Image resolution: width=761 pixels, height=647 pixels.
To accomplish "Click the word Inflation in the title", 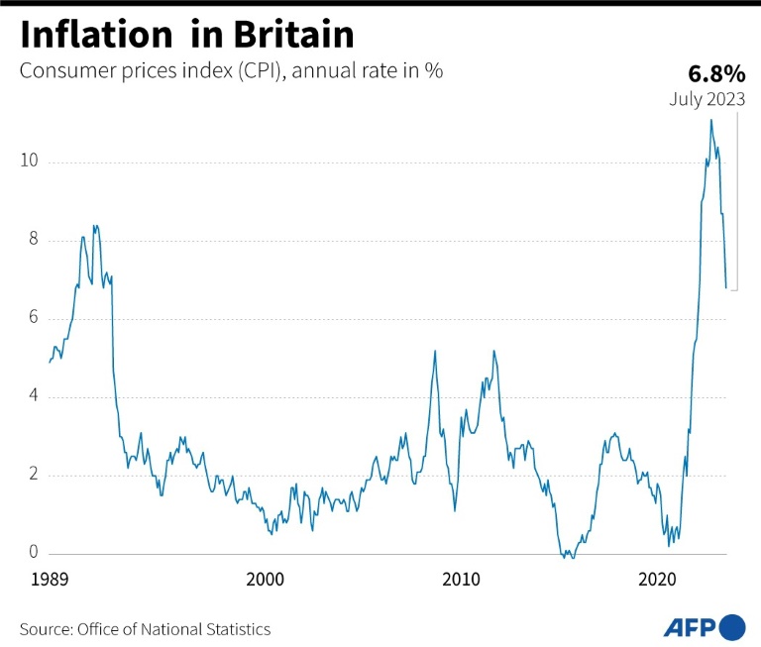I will point(95,35).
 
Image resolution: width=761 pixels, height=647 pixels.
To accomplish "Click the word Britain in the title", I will point(293,35).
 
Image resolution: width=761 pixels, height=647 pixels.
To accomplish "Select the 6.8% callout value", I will point(715,74).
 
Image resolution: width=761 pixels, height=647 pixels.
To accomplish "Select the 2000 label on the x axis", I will point(266,579).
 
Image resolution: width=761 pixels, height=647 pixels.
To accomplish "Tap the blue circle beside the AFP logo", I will point(733,627).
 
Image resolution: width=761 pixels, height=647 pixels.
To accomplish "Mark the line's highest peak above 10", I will point(710,120).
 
